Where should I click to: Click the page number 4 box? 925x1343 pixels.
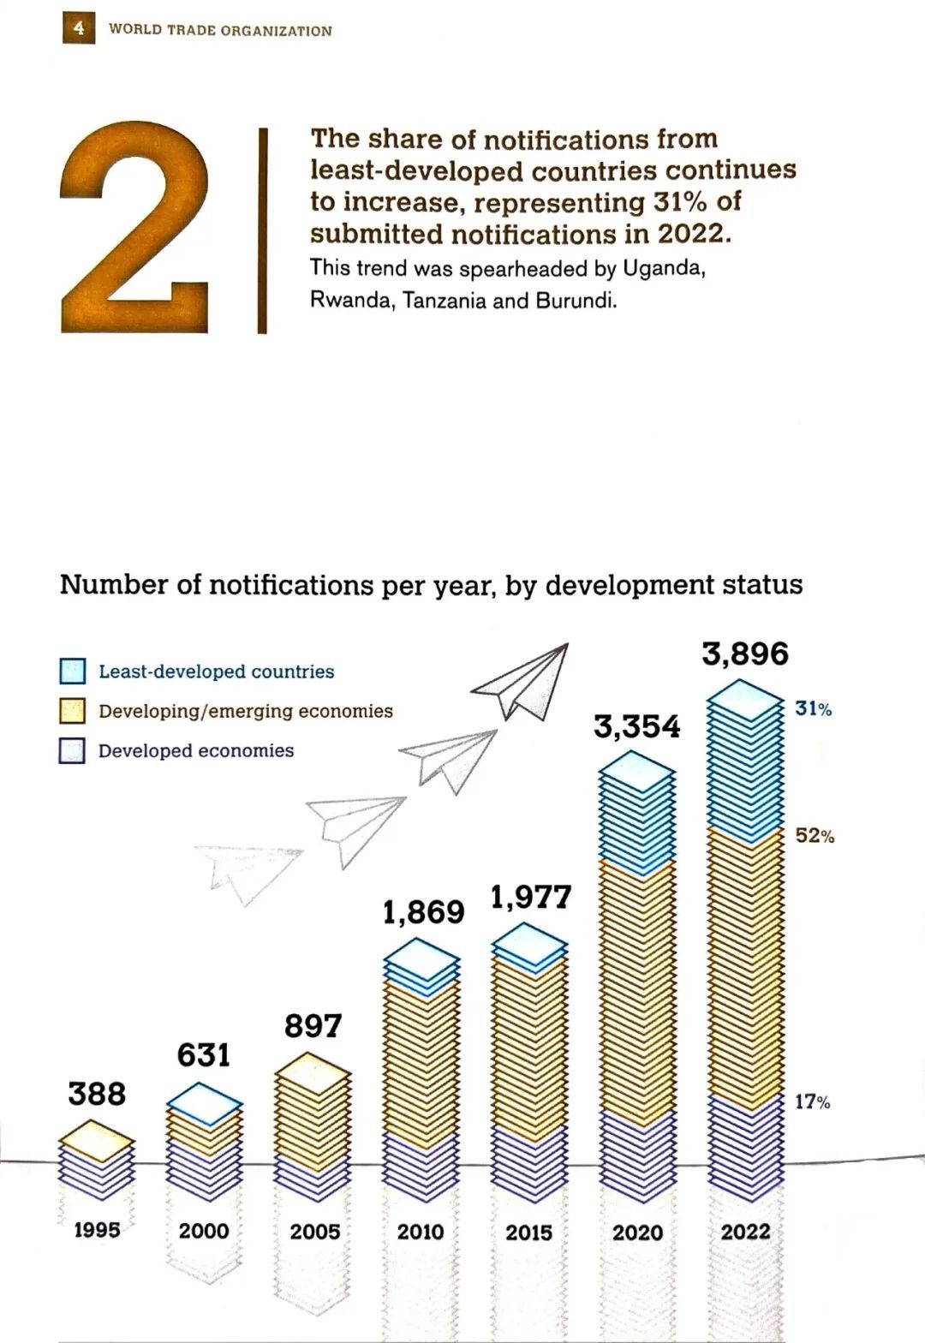[79, 28]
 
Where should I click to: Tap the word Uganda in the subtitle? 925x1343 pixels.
[661, 269]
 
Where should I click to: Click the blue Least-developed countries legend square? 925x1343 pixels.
[73, 671]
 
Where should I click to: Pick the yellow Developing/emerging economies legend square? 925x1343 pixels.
[73, 711]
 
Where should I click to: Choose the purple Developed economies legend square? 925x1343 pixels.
[73, 751]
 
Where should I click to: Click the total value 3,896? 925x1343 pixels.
[744, 654]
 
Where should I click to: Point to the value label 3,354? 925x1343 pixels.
[637, 727]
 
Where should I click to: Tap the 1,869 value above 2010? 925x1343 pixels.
[423, 912]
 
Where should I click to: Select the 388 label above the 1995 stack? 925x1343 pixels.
[97, 1094]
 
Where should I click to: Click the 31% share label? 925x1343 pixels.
[813, 709]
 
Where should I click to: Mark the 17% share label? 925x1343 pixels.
[812, 1102]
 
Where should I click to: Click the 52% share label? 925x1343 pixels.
[815, 836]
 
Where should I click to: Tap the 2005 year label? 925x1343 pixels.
[314, 1232]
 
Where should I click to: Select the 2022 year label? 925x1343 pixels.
[745, 1232]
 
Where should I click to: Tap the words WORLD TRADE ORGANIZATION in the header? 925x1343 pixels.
[220, 31]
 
